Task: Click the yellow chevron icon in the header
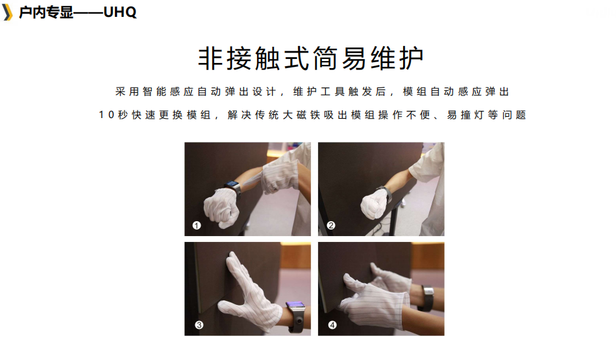pyautogui.click(x=7, y=12)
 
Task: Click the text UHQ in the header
pyautogui.click(x=120, y=12)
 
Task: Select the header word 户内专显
pyautogui.click(x=46, y=12)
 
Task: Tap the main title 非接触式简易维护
pyautogui.click(x=311, y=58)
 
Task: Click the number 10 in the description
pyautogui.click(x=106, y=115)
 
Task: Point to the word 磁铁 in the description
pyautogui.click(x=308, y=115)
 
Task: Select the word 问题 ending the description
pyautogui.click(x=514, y=115)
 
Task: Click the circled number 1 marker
pyautogui.click(x=197, y=225)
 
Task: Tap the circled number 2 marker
pyautogui.click(x=331, y=225)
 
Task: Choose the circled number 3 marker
pyautogui.click(x=199, y=325)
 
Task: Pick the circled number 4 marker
pyautogui.click(x=332, y=325)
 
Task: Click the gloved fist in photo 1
pyautogui.click(x=221, y=207)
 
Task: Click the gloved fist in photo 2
pyautogui.click(x=374, y=204)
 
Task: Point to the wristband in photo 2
pyautogui.click(x=385, y=194)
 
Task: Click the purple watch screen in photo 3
pyautogui.click(x=295, y=305)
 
